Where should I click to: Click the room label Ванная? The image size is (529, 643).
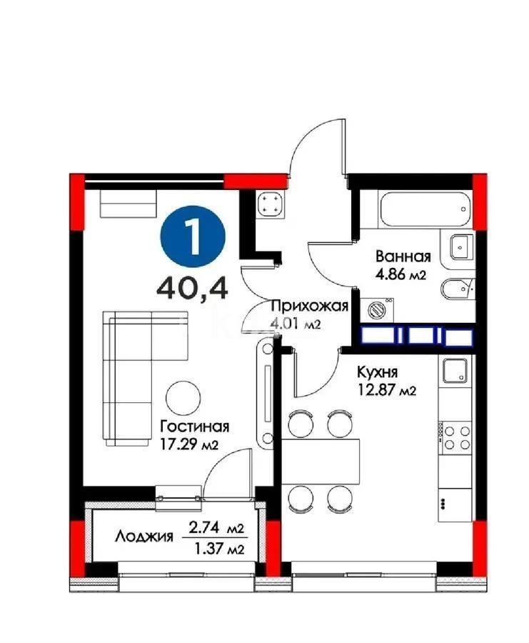403,256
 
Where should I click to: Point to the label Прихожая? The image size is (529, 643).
308,306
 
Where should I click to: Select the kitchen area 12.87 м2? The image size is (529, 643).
386,390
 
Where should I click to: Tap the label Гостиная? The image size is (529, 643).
194,427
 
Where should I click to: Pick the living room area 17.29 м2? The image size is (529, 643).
189,444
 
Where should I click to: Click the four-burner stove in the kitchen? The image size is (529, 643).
454,437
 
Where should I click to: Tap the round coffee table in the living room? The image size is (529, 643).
185,396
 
